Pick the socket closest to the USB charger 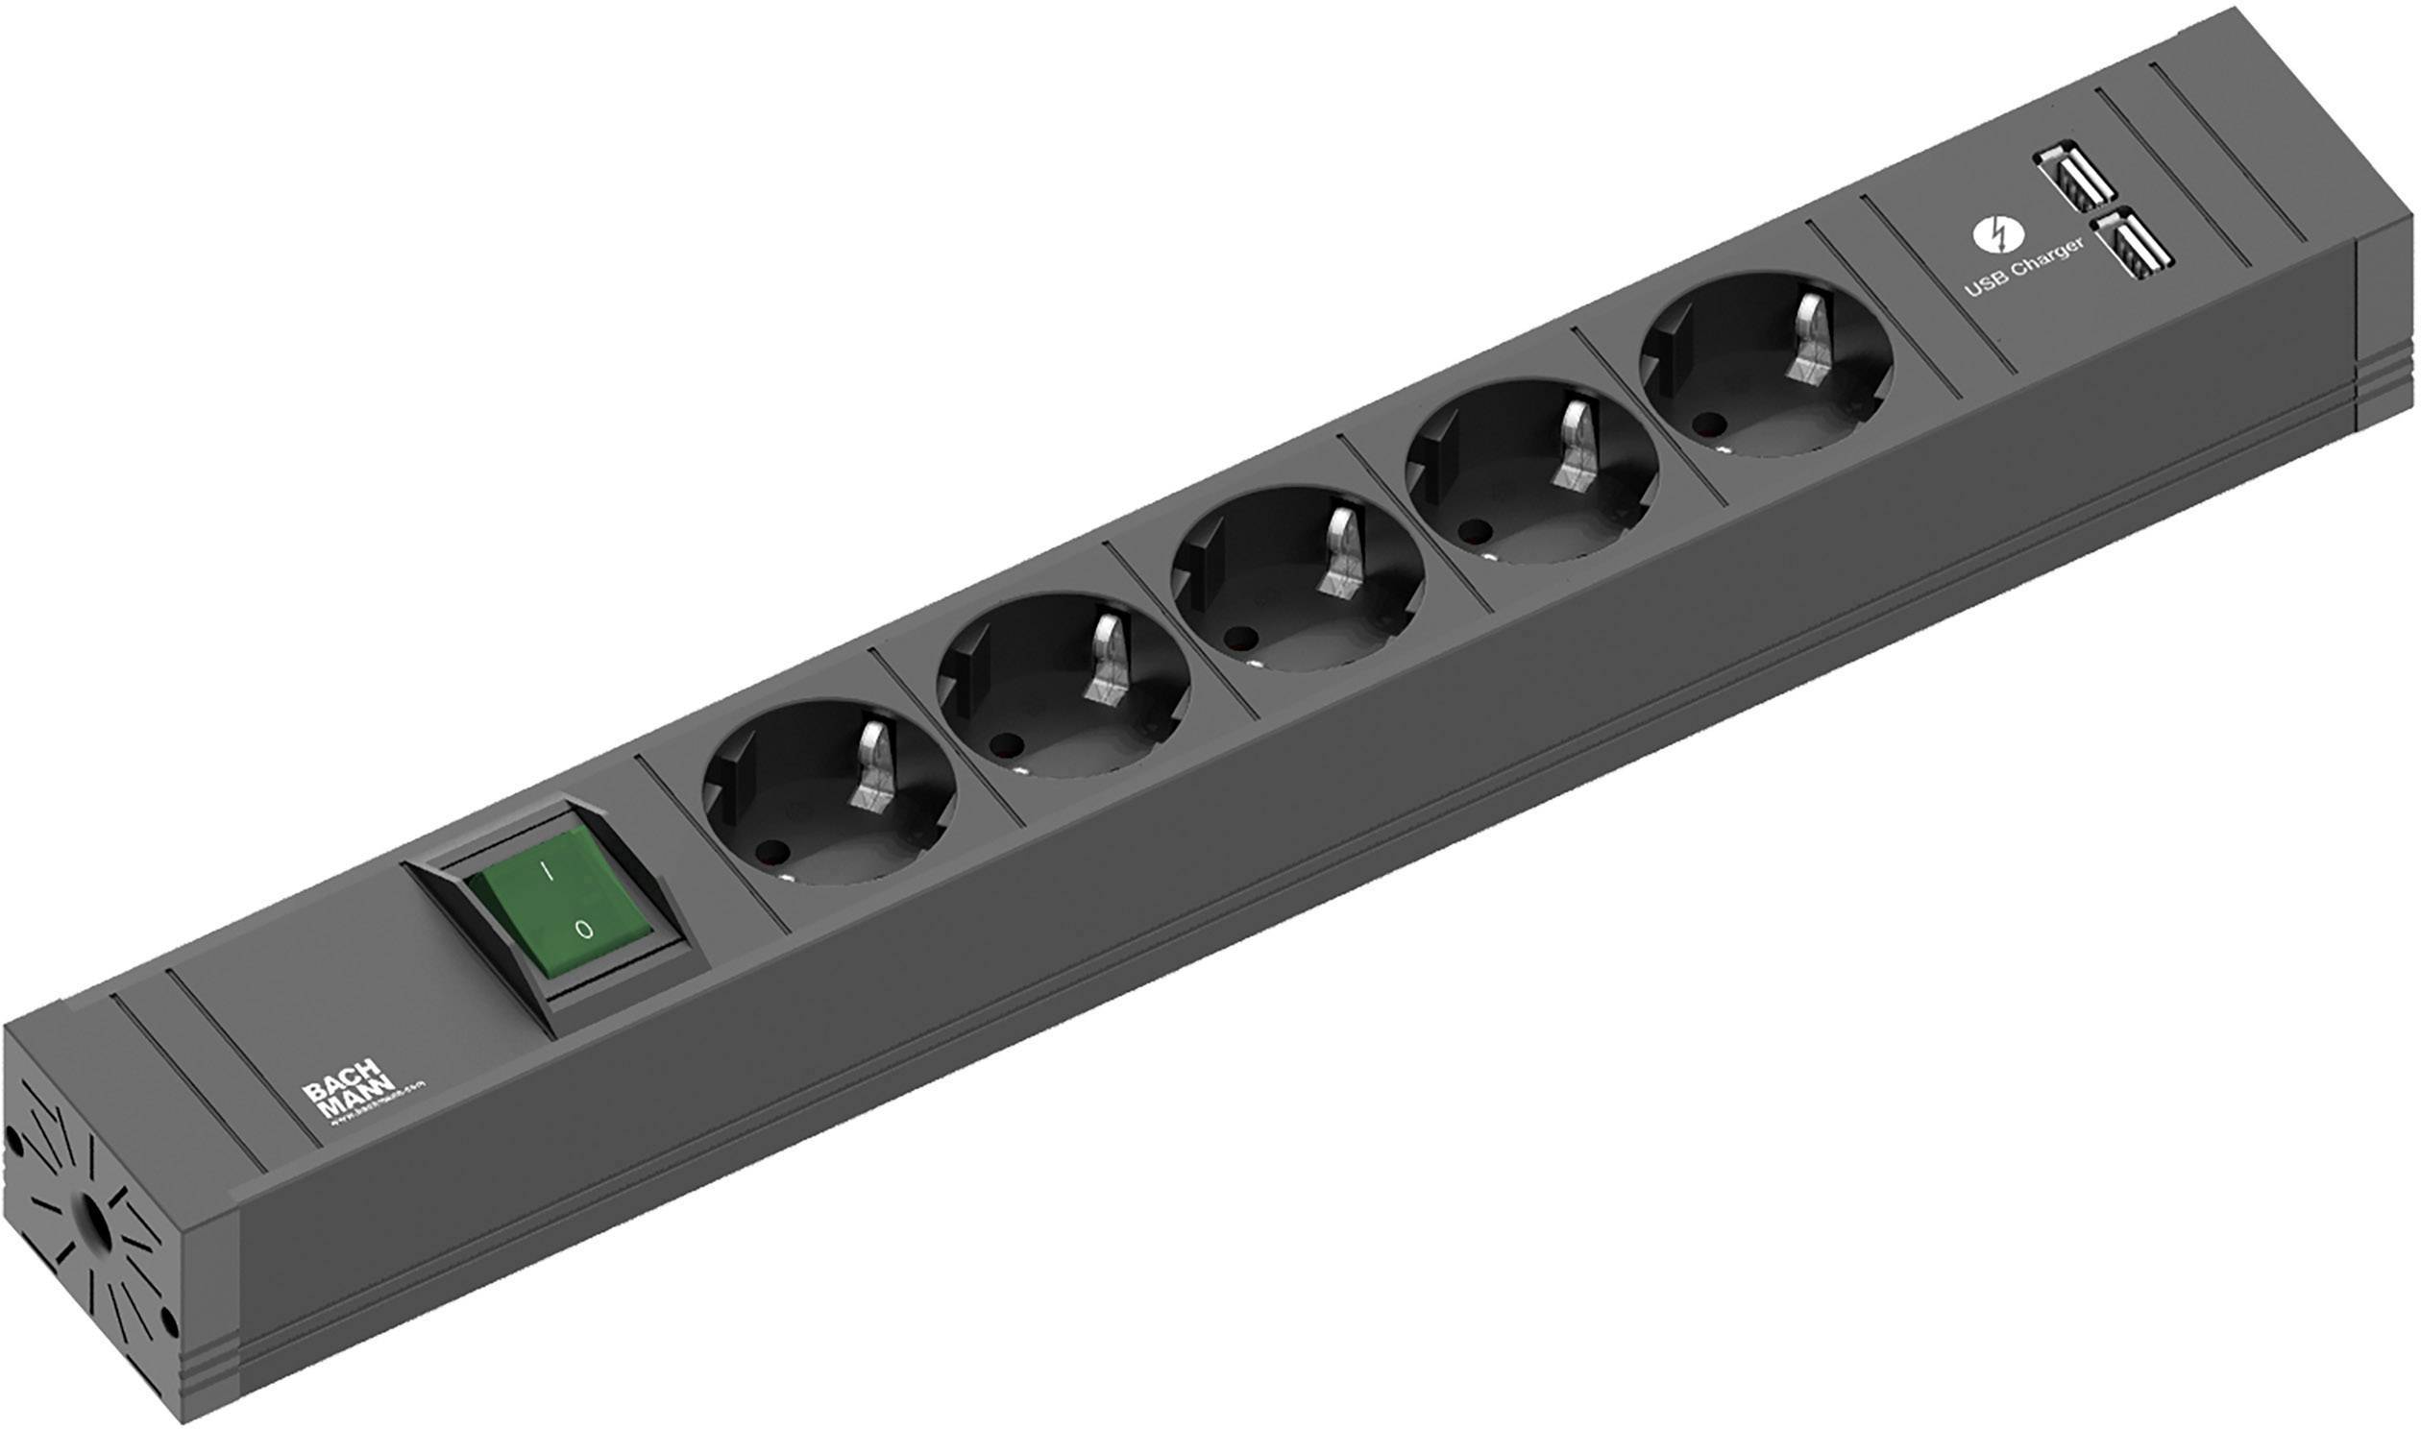(x=1766, y=365)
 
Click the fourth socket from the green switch (x=1531, y=472)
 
